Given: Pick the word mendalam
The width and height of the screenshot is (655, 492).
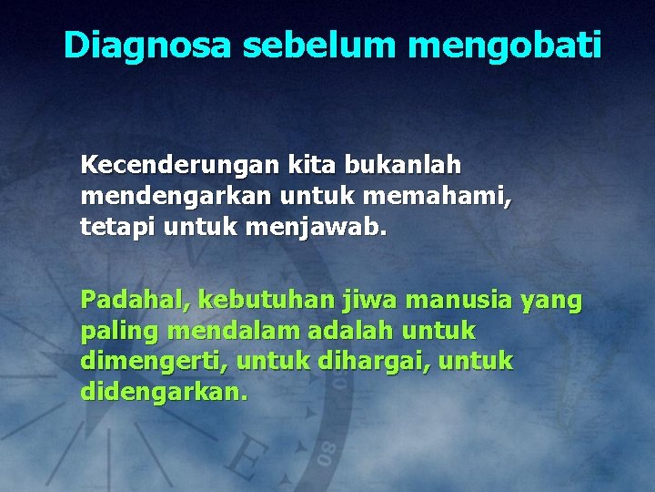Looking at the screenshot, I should (x=220, y=330).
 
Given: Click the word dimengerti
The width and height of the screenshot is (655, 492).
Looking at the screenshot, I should (x=155, y=361).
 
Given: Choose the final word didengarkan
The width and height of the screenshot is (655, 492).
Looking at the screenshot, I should (x=164, y=392).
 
